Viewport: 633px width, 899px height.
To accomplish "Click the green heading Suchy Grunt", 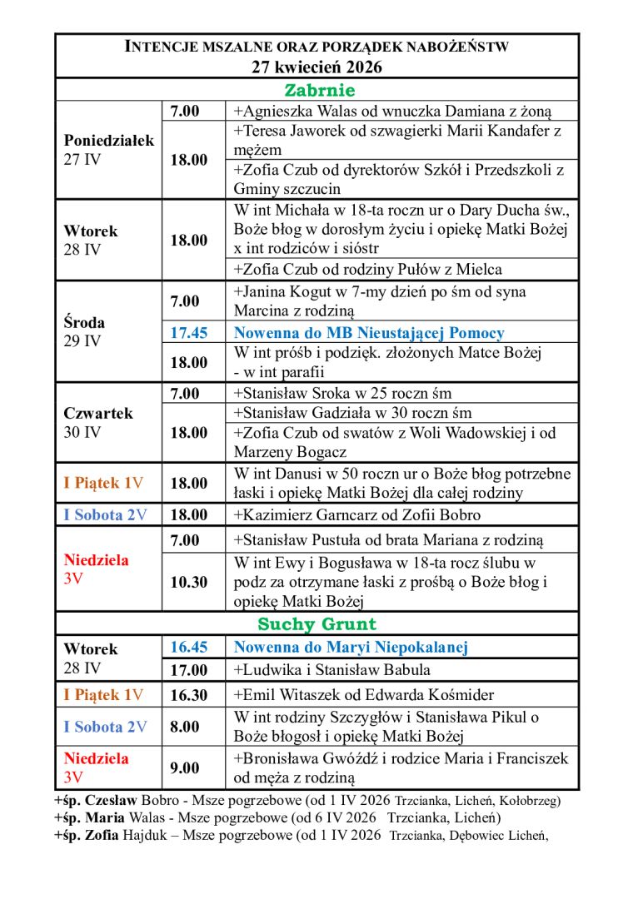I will point(316,623).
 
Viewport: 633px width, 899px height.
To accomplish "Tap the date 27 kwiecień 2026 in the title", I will point(316,68).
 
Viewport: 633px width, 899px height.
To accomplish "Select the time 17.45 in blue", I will point(189,333).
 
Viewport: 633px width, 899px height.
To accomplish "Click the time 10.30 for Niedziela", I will point(189,582).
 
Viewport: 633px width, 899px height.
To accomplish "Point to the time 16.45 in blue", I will point(189,647).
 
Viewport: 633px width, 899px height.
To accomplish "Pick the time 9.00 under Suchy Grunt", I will point(185,767).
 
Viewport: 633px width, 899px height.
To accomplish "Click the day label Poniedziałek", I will point(109,141).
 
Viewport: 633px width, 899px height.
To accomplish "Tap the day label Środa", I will point(84,322).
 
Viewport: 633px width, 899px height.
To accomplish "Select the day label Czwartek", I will point(98,413).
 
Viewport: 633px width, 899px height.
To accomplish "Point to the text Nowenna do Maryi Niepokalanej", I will point(351,647).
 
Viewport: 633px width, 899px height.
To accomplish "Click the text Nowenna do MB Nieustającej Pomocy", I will point(369,333).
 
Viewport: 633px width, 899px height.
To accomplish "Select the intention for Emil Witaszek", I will point(364,695).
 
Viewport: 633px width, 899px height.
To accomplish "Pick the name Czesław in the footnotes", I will point(106,801).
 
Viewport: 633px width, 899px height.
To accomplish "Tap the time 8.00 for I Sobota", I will point(185,727).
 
